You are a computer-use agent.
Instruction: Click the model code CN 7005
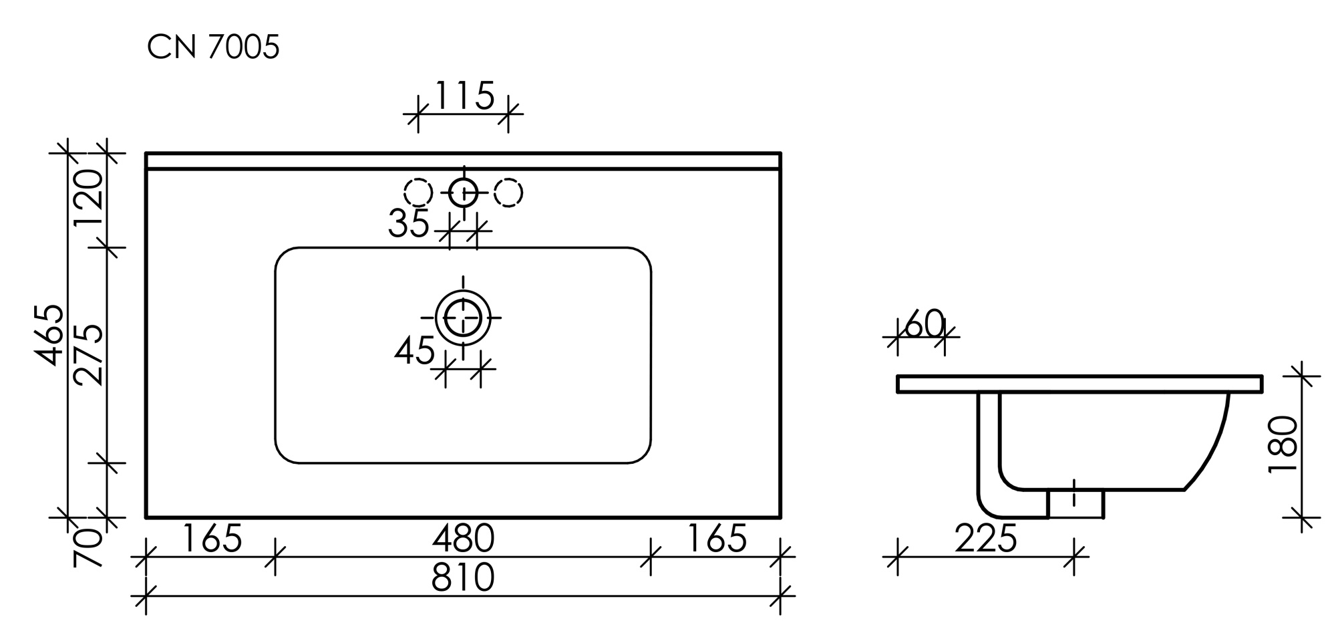click(x=212, y=47)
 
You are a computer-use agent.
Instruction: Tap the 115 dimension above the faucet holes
click(x=464, y=96)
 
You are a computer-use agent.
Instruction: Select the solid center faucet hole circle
click(x=464, y=193)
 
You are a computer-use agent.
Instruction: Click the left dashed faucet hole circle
click(x=419, y=193)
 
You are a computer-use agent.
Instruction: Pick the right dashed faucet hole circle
click(x=508, y=193)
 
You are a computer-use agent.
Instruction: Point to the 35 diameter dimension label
click(x=408, y=224)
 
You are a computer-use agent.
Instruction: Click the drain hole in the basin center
click(x=463, y=318)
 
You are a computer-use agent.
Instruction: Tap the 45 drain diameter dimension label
click(x=414, y=351)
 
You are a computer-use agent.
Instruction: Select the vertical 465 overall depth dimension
click(x=51, y=336)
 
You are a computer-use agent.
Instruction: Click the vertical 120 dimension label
click(x=89, y=199)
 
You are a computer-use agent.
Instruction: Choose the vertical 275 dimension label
click(x=89, y=356)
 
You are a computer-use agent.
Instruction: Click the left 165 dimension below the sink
click(x=211, y=539)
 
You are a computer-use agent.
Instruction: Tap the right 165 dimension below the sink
click(x=716, y=539)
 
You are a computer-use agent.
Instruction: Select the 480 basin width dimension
click(x=463, y=539)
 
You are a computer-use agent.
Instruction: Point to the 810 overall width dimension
click(x=463, y=578)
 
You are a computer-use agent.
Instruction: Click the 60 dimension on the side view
click(x=925, y=325)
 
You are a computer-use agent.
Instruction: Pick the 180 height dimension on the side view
click(x=1283, y=445)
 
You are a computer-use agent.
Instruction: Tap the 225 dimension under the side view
click(x=985, y=539)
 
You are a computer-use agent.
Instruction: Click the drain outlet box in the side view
click(x=1075, y=504)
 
